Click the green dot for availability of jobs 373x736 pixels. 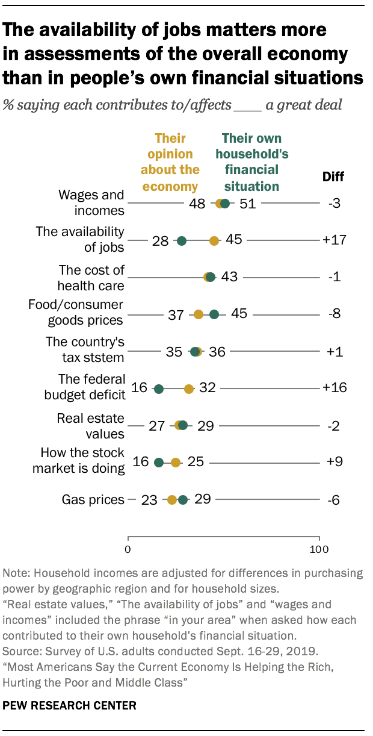[182, 241]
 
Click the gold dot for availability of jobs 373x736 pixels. [214, 241]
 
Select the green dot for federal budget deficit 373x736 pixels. [159, 389]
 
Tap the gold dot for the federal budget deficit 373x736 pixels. [189, 389]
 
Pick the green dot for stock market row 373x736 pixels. [159, 463]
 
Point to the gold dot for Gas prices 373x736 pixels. [172, 500]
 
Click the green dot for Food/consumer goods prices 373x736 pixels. [214, 314]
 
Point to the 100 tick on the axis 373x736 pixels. [319, 549]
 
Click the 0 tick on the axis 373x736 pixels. [128, 549]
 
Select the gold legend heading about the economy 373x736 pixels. [170, 162]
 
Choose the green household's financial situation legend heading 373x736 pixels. [255, 162]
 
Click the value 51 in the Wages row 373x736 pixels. [247, 204]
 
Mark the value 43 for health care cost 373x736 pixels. [229, 278]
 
